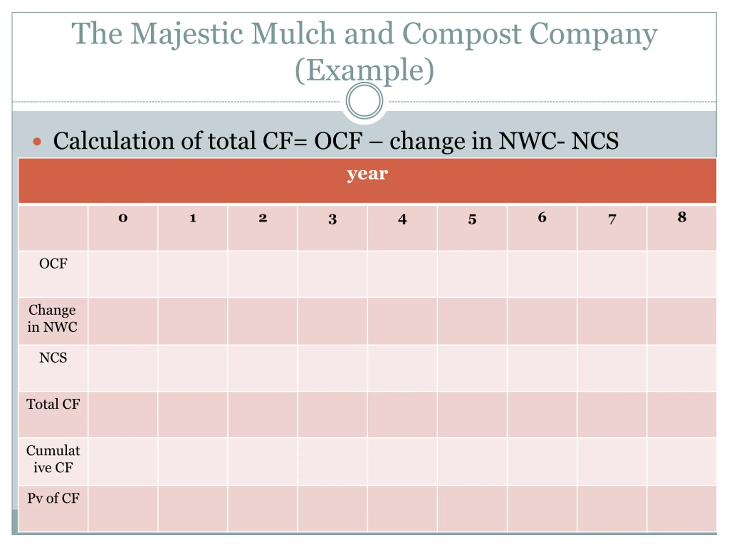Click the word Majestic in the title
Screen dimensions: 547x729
(187, 34)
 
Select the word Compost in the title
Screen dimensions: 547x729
(461, 34)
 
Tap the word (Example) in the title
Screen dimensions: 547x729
(364, 70)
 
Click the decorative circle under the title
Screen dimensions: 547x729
(364, 101)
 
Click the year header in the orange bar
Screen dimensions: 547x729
(367, 174)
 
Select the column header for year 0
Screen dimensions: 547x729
(123, 218)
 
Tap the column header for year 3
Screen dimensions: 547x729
(333, 219)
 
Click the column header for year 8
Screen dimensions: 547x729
(682, 217)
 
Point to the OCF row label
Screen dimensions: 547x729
(53, 264)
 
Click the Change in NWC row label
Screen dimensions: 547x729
(52, 319)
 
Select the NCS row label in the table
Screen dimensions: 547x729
(53, 358)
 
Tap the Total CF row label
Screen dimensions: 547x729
(53, 404)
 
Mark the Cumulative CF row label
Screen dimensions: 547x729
(53, 459)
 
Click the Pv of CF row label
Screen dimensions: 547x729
(53, 498)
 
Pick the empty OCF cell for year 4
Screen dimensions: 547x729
(402, 274)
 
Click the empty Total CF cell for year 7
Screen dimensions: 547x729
(612, 415)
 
